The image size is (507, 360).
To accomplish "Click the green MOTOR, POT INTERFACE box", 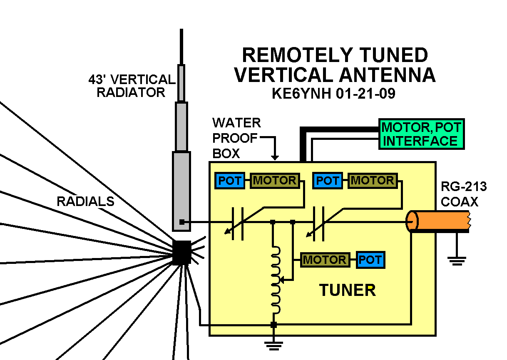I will tap(421, 134).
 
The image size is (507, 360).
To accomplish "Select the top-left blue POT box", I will tap(229, 181).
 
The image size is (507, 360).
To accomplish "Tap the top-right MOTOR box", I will tap(372, 181).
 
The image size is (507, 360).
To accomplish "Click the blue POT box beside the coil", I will tap(370, 260).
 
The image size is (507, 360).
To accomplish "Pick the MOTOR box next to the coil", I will tap(325, 260).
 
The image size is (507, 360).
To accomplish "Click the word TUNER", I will tap(347, 290).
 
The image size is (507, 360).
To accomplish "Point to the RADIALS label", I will tap(85, 201).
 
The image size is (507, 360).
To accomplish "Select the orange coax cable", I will tap(442, 221).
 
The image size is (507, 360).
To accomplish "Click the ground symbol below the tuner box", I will tap(273, 345).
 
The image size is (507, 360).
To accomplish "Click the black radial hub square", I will tap(182, 252).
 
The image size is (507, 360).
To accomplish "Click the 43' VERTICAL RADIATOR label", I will tap(132, 86).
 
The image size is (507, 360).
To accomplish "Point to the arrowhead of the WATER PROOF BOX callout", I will tap(274, 157).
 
